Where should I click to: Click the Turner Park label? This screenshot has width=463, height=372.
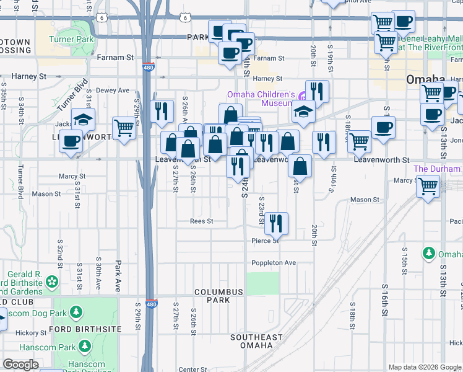click(72, 40)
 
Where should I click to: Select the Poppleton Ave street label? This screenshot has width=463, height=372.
click(274, 263)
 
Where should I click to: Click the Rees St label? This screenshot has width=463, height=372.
click(202, 221)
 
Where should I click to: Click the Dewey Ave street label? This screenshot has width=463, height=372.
click(113, 90)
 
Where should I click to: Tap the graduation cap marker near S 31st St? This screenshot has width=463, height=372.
click(83, 118)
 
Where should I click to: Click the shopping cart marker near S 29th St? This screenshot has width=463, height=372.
click(124, 127)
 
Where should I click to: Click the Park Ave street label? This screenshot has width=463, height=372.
click(118, 277)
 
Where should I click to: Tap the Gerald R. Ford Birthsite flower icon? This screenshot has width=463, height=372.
click(51, 282)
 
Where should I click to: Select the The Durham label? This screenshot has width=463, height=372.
click(437, 169)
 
